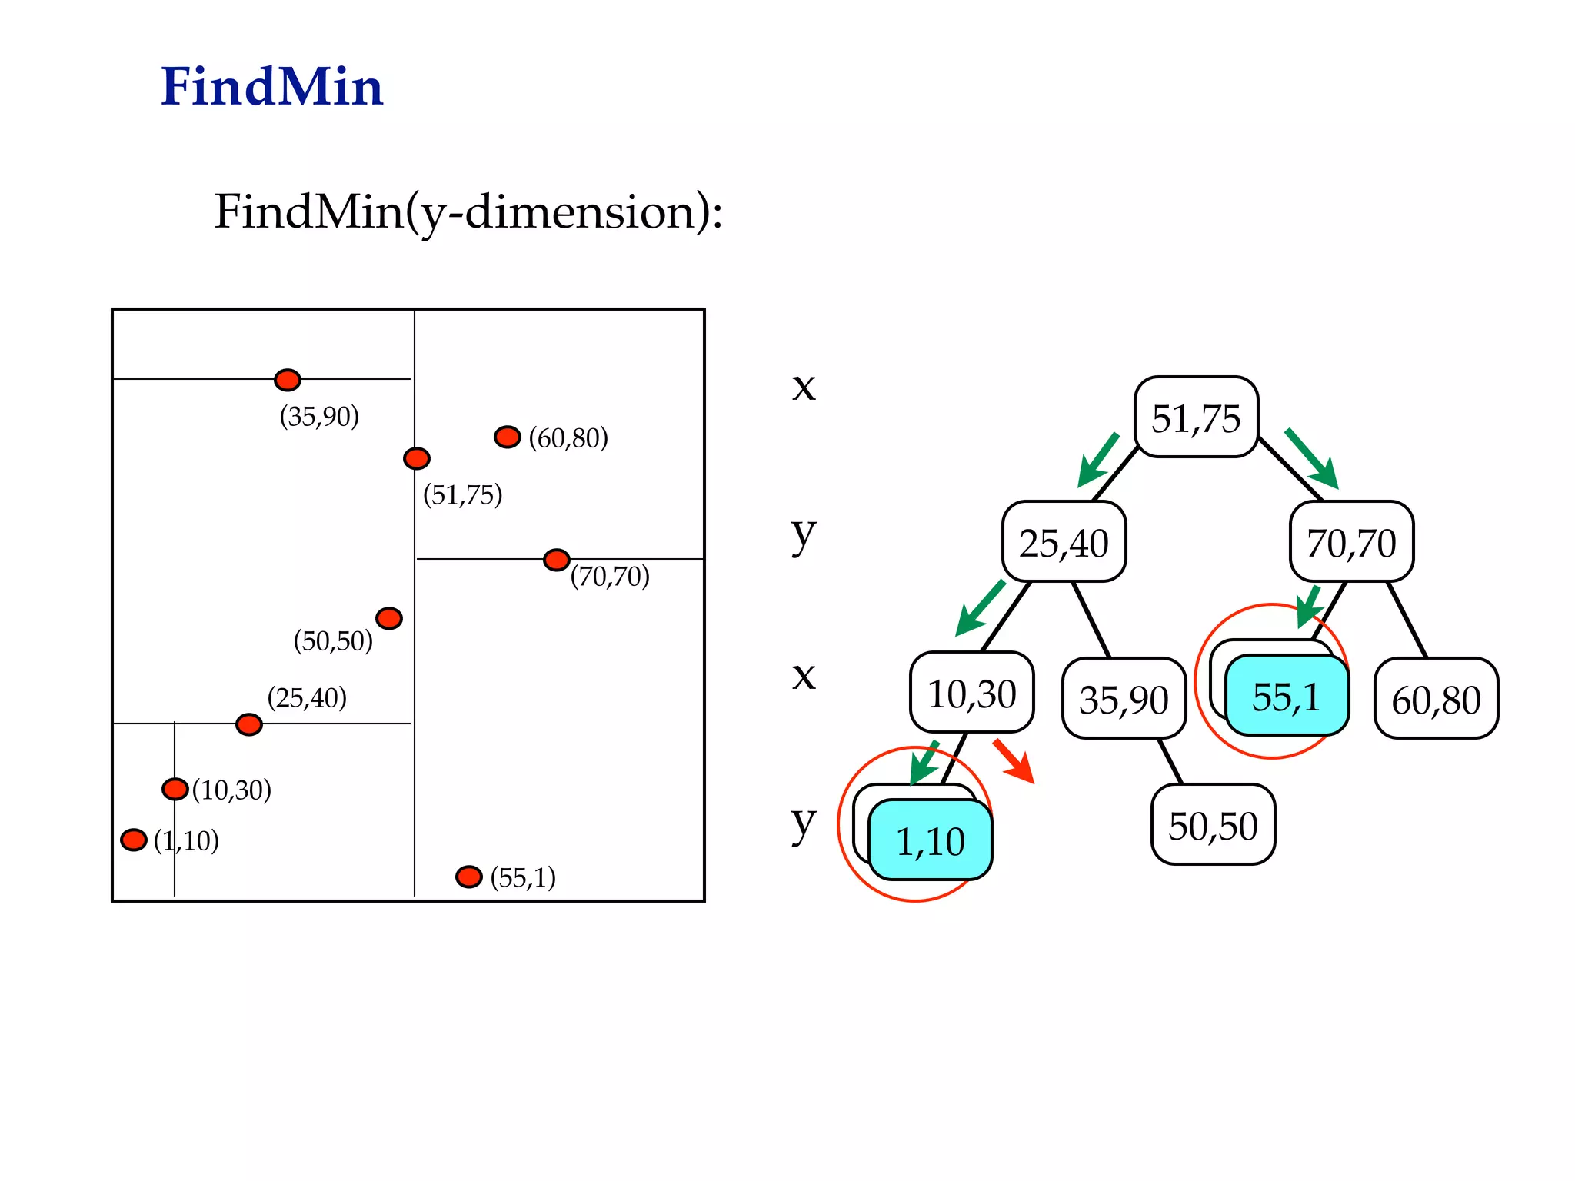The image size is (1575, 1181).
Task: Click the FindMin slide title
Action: pos(271,86)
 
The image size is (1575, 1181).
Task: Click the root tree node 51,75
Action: pos(1196,418)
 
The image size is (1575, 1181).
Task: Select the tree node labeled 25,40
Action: pos(1064,542)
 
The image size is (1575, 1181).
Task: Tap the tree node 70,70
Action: pos(1351,542)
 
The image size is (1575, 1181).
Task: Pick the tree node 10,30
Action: pos(971,693)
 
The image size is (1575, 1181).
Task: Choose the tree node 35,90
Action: pos(1124,698)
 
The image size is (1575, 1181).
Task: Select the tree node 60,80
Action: pos(1436,698)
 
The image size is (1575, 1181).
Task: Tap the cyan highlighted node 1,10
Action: pos(930,840)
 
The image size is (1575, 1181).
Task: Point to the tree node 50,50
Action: pos(1213,825)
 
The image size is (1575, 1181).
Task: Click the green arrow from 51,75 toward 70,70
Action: pos(1312,458)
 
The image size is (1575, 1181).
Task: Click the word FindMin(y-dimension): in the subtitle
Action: pos(468,211)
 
